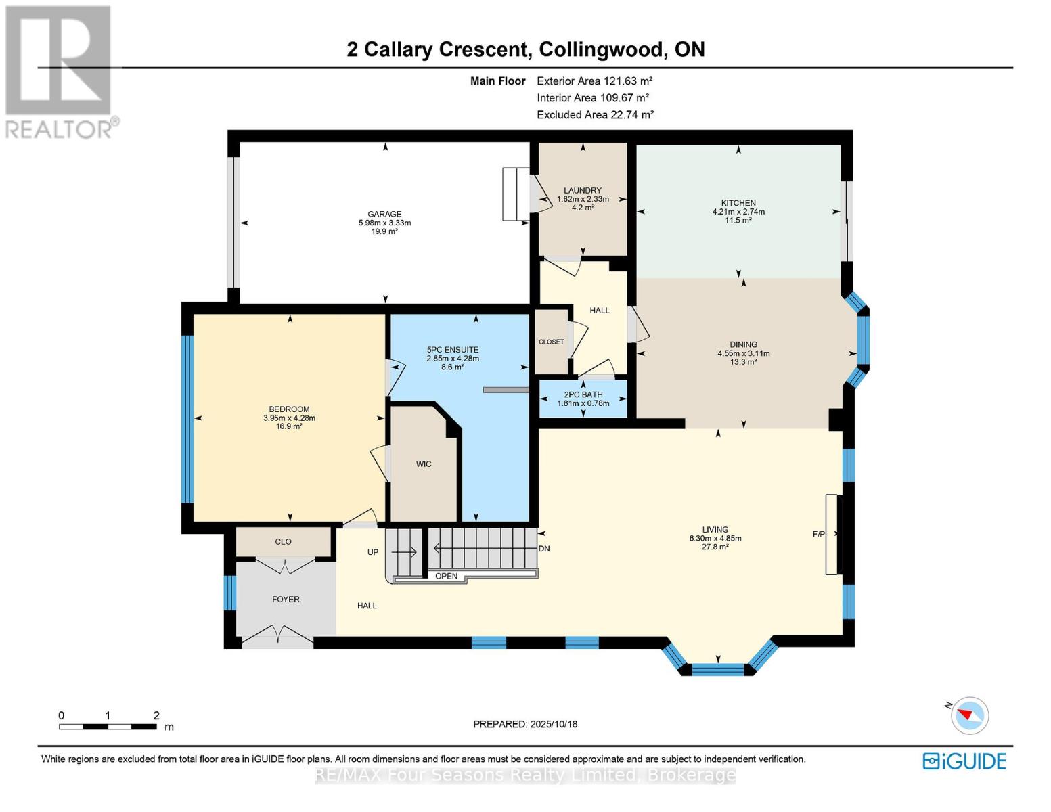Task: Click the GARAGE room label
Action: tap(384, 214)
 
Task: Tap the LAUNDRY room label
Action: tap(583, 191)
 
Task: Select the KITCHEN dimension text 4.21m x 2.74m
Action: tap(738, 212)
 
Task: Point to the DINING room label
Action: tap(743, 344)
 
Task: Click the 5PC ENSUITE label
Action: tap(452, 350)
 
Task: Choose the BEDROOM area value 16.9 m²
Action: tap(289, 426)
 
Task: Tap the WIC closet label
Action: tap(424, 464)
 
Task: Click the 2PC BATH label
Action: tap(583, 394)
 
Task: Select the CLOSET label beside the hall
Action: tap(551, 342)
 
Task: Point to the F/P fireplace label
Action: tap(818, 534)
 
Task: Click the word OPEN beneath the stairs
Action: tap(447, 577)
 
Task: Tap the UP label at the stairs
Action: tap(372, 552)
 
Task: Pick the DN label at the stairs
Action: tap(544, 549)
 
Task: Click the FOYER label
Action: tap(286, 600)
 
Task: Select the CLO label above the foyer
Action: tap(283, 541)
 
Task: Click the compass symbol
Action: tap(969, 715)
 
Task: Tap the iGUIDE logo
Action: tap(964, 761)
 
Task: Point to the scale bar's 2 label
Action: tap(156, 715)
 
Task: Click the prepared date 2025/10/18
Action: tap(553, 724)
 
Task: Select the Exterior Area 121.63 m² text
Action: tap(594, 81)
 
